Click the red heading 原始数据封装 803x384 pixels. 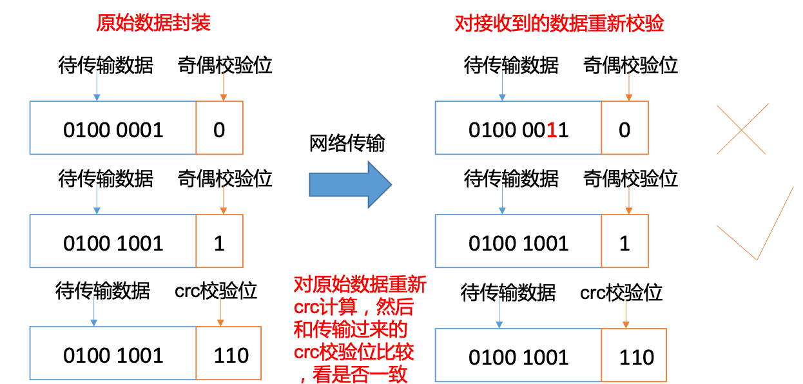[x=153, y=23]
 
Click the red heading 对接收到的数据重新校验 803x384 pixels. [x=559, y=24]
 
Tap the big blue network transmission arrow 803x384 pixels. [x=350, y=185]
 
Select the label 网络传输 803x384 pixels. [x=347, y=143]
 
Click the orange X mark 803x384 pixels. [x=741, y=130]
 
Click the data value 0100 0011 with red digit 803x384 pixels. [x=518, y=130]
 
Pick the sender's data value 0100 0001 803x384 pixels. [x=113, y=130]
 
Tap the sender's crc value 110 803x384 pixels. [x=231, y=355]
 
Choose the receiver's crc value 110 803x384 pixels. [x=637, y=357]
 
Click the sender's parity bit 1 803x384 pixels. [x=219, y=244]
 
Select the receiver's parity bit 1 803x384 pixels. [x=624, y=244]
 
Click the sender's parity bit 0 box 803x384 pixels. [x=219, y=128]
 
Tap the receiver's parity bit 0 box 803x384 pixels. [x=625, y=128]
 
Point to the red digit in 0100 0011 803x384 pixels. [x=552, y=130]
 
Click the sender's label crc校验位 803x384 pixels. [x=216, y=291]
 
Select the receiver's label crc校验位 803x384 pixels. [x=621, y=293]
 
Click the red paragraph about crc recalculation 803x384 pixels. [x=360, y=329]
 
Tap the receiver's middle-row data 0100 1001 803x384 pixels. [x=518, y=244]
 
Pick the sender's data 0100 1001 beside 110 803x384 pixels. [x=113, y=355]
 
